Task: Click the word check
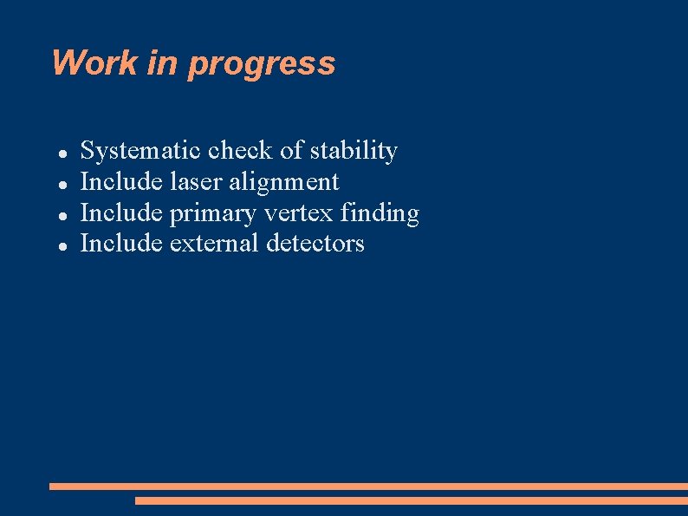(242, 151)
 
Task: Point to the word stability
(354, 152)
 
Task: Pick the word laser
(196, 182)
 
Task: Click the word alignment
(284, 183)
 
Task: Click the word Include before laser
(120, 182)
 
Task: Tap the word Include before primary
(120, 213)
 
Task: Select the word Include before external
(120, 244)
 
